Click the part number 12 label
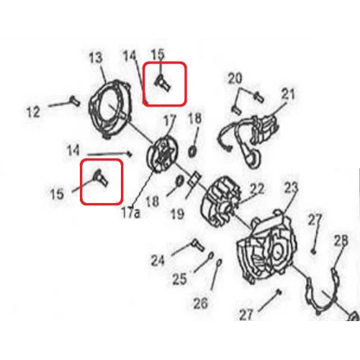(x=33, y=112)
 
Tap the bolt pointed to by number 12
(x=73, y=100)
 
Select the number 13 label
(x=96, y=57)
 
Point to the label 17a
(x=130, y=213)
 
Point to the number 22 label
(x=257, y=189)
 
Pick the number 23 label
(x=290, y=189)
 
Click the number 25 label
(x=179, y=278)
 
